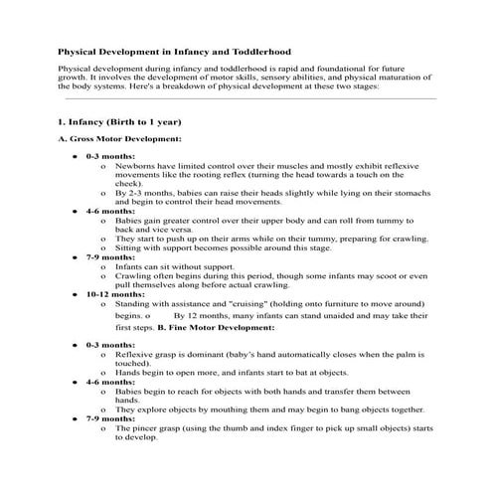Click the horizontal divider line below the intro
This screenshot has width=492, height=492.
(x=248, y=99)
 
